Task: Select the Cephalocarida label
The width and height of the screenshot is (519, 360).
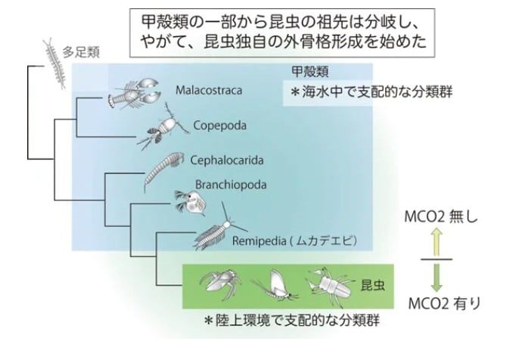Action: pos(225,160)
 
